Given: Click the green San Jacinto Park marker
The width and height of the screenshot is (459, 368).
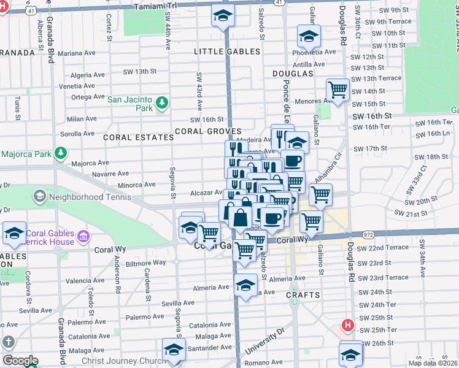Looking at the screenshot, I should [x=161, y=103].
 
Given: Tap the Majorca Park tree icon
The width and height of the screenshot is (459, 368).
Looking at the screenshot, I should [x=60, y=153].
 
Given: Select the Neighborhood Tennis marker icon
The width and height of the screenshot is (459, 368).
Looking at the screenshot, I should [x=40, y=196].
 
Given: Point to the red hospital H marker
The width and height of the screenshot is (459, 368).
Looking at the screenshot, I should [x=348, y=324].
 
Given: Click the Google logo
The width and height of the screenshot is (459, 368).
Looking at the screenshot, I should [x=20, y=361].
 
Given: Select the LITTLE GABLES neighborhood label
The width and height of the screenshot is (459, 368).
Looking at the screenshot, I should [x=227, y=52].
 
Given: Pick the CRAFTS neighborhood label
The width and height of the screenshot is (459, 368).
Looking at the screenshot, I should [x=303, y=295].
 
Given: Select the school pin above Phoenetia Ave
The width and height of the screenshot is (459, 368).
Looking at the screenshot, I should [x=309, y=36].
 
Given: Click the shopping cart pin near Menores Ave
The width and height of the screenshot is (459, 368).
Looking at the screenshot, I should [x=337, y=90].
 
